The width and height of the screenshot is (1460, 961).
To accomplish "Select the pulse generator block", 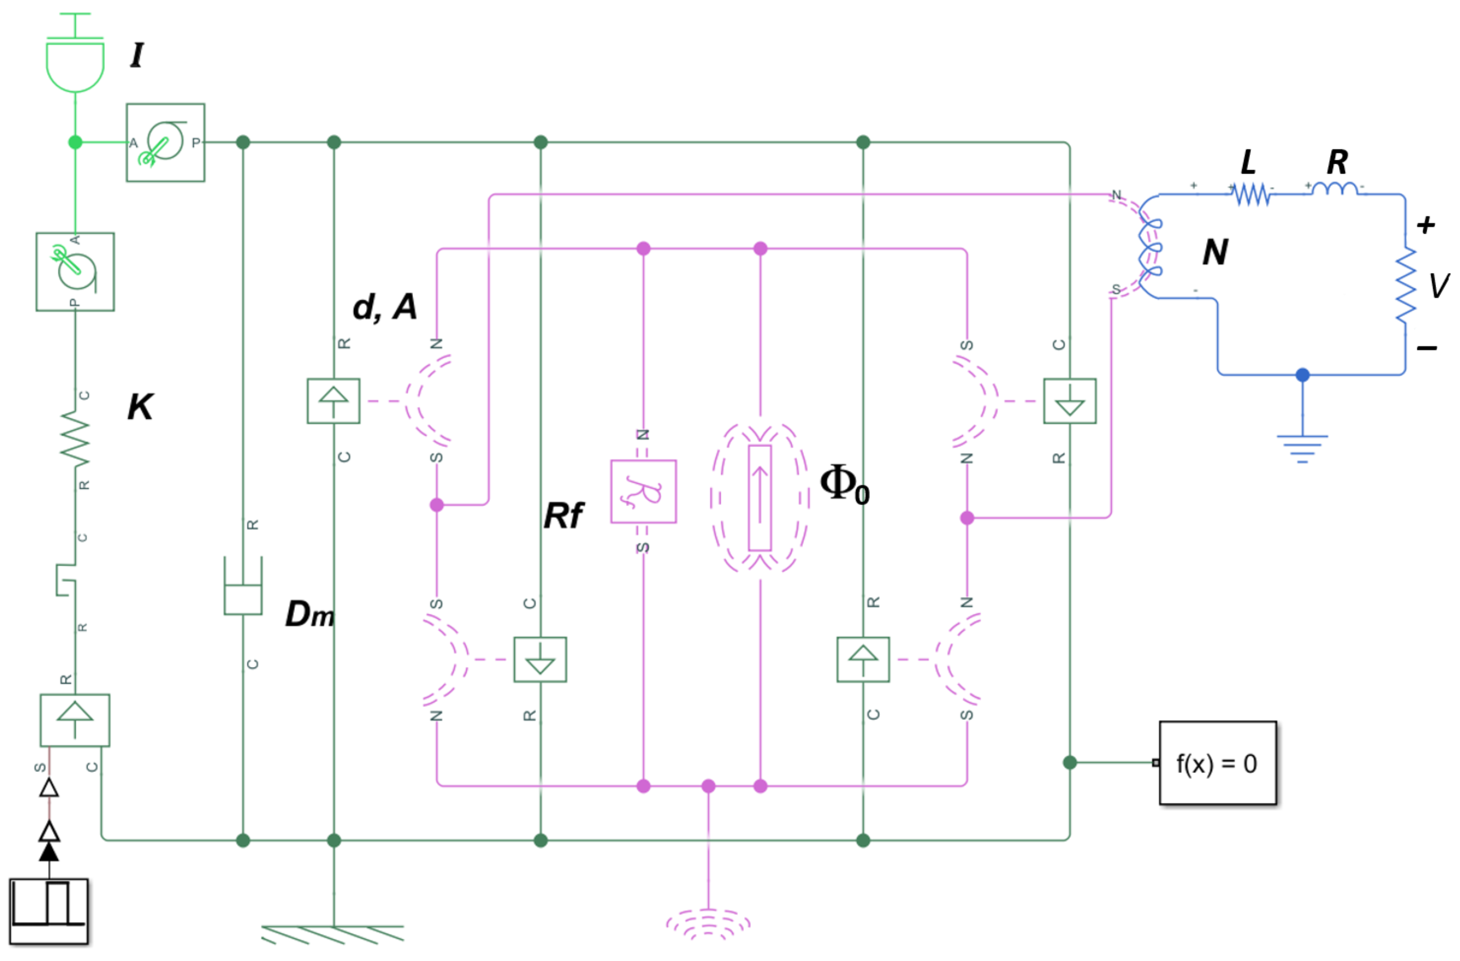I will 48,911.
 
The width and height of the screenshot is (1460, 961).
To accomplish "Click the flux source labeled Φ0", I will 760,498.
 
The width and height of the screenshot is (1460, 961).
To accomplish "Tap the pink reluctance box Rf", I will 643,491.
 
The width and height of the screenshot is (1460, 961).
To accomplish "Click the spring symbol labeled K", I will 75,438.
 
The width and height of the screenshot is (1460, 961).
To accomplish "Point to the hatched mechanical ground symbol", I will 333,934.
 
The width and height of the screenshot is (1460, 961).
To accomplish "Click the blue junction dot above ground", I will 1302,375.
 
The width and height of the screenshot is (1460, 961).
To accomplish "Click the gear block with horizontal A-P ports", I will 165,142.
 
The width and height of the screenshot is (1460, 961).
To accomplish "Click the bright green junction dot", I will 75,142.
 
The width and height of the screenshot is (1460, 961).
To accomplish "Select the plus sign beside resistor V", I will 1425,225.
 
